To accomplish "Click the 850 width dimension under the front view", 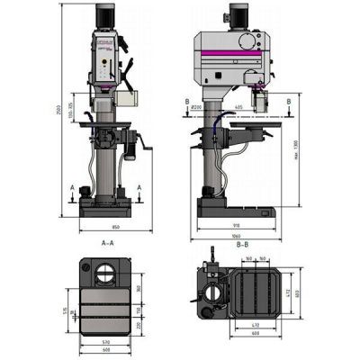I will click(106, 228).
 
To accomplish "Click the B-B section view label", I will click(242, 244).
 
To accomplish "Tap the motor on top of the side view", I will click(238, 15).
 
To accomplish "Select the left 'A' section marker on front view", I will click(73, 186).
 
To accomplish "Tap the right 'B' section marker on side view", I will click(288, 102).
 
